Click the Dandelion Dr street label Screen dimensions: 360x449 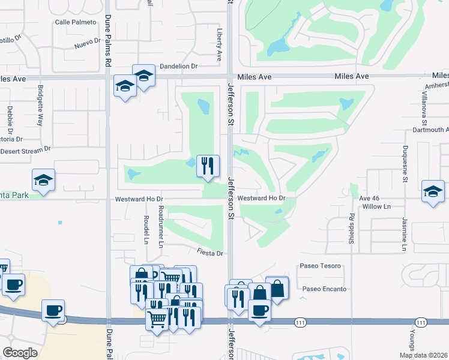tap(178, 67)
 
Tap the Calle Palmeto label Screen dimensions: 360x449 tap(76, 22)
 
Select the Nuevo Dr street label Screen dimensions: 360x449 tap(88, 43)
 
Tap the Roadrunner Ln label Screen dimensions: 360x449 tap(160, 226)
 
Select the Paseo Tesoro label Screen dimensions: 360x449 tap(320, 266)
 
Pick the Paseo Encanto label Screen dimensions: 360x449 tap(325, 289)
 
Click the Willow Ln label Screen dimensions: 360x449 tap(376, 206)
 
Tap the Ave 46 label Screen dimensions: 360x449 tap(369, 197)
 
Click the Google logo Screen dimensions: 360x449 tap(20, 353)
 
